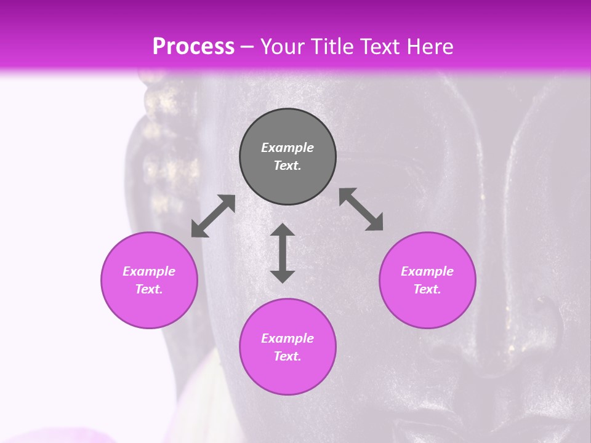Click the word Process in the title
click(193, 47)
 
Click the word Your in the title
click(282, 47)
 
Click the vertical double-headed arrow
click(283, 253)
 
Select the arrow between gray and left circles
click(213, 216)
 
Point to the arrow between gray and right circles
click(361, 209)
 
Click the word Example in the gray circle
click(287, 148)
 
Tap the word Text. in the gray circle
click(287, 166)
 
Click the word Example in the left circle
click(149, 271)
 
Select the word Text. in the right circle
click(427, 289)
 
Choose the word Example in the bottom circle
click(287, 338)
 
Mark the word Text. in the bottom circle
click(287, 356)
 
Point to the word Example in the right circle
click(427, 271)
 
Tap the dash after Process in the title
click(247, 47)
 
